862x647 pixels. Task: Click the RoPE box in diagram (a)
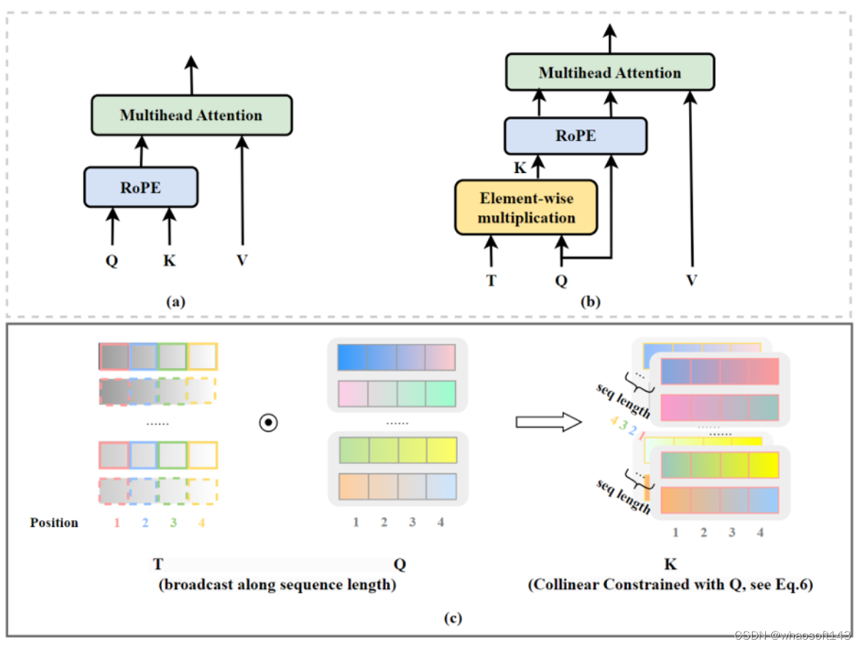click(x=141, y=187)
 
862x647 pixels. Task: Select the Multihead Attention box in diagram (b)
click(x=610, y=73)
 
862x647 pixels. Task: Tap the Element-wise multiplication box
click(x=526, y=207)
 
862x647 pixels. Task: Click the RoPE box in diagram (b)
click(x=575, y=136)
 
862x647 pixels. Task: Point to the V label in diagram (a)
click(x=242, y=260)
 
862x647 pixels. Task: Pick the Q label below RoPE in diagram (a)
click(x=111, y=260)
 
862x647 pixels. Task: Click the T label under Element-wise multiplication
click(x=491, y=280)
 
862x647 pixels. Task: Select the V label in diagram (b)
click(x=691, y=280)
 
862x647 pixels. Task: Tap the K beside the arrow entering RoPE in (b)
click(x=520, y=168)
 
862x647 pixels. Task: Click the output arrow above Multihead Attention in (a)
click(x=191, y=73)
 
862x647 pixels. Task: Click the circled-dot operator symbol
click(x=268, y=424)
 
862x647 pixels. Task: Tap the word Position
click(x=54, y=522)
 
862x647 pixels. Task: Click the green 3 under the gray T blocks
click(x=172, y=523)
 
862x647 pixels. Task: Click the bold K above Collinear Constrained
click(x=670, y=565)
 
